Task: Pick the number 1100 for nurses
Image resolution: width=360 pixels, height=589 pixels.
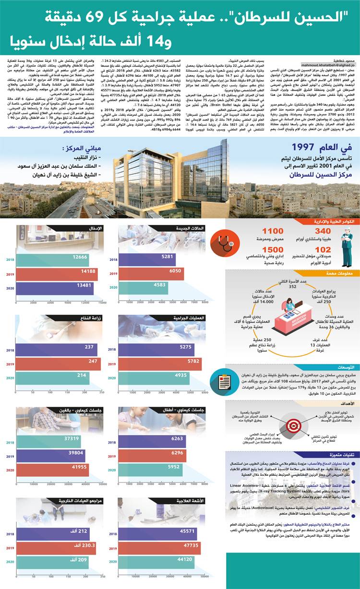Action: coord(259,232)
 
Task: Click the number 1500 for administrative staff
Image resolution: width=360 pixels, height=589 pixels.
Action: coord(259,250)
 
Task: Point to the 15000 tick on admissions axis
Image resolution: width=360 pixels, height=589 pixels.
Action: coord(103,303)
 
